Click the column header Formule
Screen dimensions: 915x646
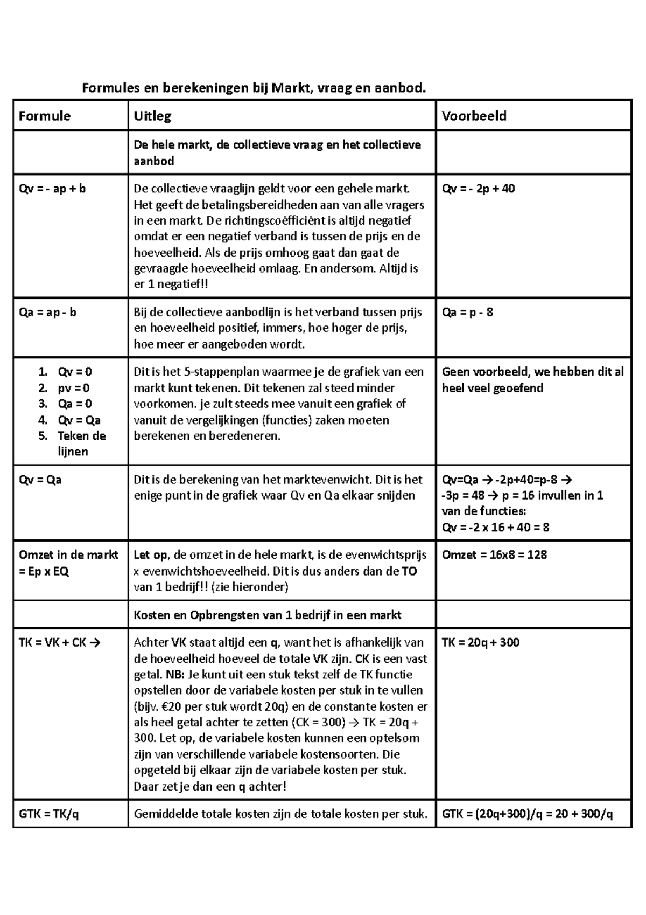(x=44, y=116)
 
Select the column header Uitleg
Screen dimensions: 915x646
(x=152, y=116)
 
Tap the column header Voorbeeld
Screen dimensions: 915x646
(x=474, y=116)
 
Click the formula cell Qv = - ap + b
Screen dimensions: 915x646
(x=52, y=189)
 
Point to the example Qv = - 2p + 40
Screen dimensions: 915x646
(x=478, y=189)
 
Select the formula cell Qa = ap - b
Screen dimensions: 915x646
(x=47, y=313)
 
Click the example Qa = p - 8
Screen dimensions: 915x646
(x=467, y=313)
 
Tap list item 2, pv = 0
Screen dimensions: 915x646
(x=74, y=388)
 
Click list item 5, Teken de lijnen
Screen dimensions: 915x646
(x=81, y=443)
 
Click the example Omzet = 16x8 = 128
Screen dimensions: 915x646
(x=494, y=555)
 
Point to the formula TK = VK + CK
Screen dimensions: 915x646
(x=59, y=642)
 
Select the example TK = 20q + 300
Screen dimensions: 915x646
(x=480, y=642)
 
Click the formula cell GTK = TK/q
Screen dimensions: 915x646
(x=48, y=814)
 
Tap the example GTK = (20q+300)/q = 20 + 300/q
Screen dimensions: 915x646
(x=527, y=814)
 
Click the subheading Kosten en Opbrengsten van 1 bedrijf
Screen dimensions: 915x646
(x=267, y=615)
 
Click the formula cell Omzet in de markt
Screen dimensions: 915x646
(x=68, y=563)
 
